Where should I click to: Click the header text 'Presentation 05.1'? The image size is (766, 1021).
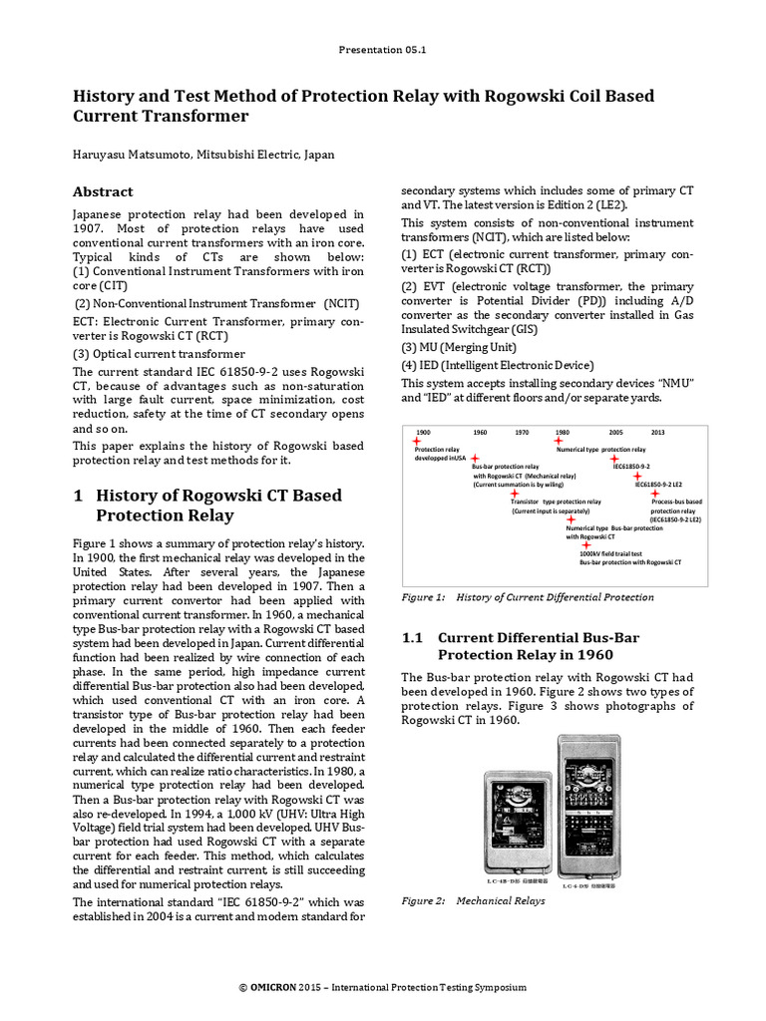(x=383, y=47)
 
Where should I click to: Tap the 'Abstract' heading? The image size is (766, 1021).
(x=103, y=191)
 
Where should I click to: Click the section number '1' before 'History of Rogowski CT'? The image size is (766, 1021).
(x=79, y=496)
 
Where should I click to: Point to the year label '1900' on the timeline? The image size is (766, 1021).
(x=423, y=432)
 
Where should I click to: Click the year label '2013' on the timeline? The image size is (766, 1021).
(x=657, y=432)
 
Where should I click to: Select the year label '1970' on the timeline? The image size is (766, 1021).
(x=522, y=432)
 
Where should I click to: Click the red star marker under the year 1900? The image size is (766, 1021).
(x=416, y=442)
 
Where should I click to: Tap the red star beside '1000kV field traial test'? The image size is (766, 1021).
(x=584, y=545)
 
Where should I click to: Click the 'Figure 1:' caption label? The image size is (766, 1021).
(x=423, y=597)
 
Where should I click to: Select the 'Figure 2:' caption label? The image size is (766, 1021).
(x=423, y=901)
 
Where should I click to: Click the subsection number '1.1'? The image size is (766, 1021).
(x=413, y=637)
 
